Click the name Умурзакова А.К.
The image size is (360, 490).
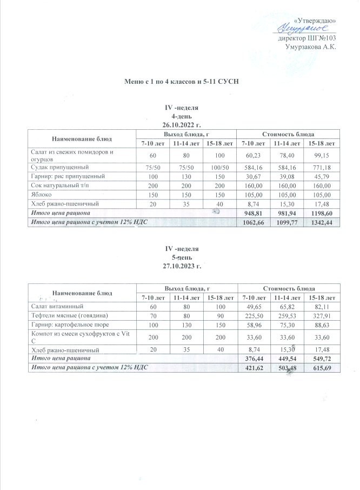click(310, 47)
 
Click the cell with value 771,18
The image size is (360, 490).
click(322, 167)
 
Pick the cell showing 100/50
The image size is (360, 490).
click(220, 167)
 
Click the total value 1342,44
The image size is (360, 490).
click(322, 222)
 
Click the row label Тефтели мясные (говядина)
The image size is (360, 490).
click(70, 315)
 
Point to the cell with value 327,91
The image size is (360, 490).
click(322, 315)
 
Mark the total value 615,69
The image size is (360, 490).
click(322, 368)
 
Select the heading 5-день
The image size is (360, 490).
click(182, 257)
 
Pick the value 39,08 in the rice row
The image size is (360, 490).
click(287, 176)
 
